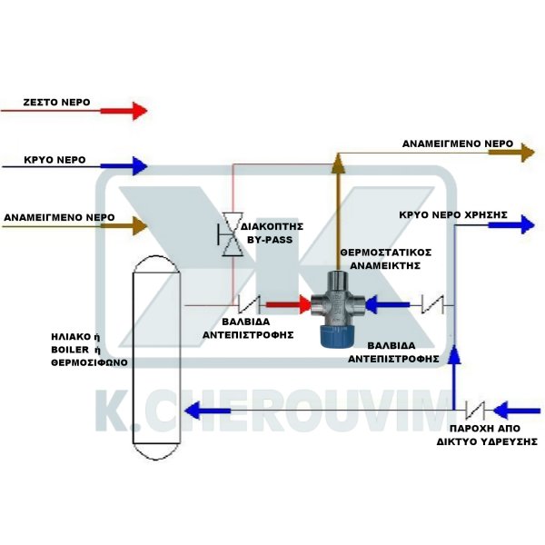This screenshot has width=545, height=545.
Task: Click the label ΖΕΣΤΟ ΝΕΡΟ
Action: tap(56, 104)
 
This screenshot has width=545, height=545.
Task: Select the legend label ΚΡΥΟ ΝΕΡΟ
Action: tap(55, 159)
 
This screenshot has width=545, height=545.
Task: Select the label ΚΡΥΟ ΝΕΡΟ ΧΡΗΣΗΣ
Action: tap(452, 215)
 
